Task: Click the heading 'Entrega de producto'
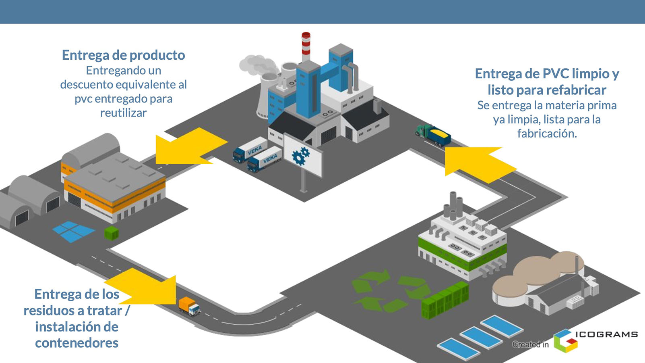[123, 55]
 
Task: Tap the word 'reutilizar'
[123, 113]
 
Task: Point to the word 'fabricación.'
[547, 134]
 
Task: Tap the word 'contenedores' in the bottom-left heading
[76, 343]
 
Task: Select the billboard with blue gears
[303, 155]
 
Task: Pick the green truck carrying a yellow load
[433, 135]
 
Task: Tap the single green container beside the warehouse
[112, 233]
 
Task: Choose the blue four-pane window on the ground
[73, 231]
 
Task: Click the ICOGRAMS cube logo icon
[565, 341]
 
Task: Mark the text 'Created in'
[530, 344]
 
